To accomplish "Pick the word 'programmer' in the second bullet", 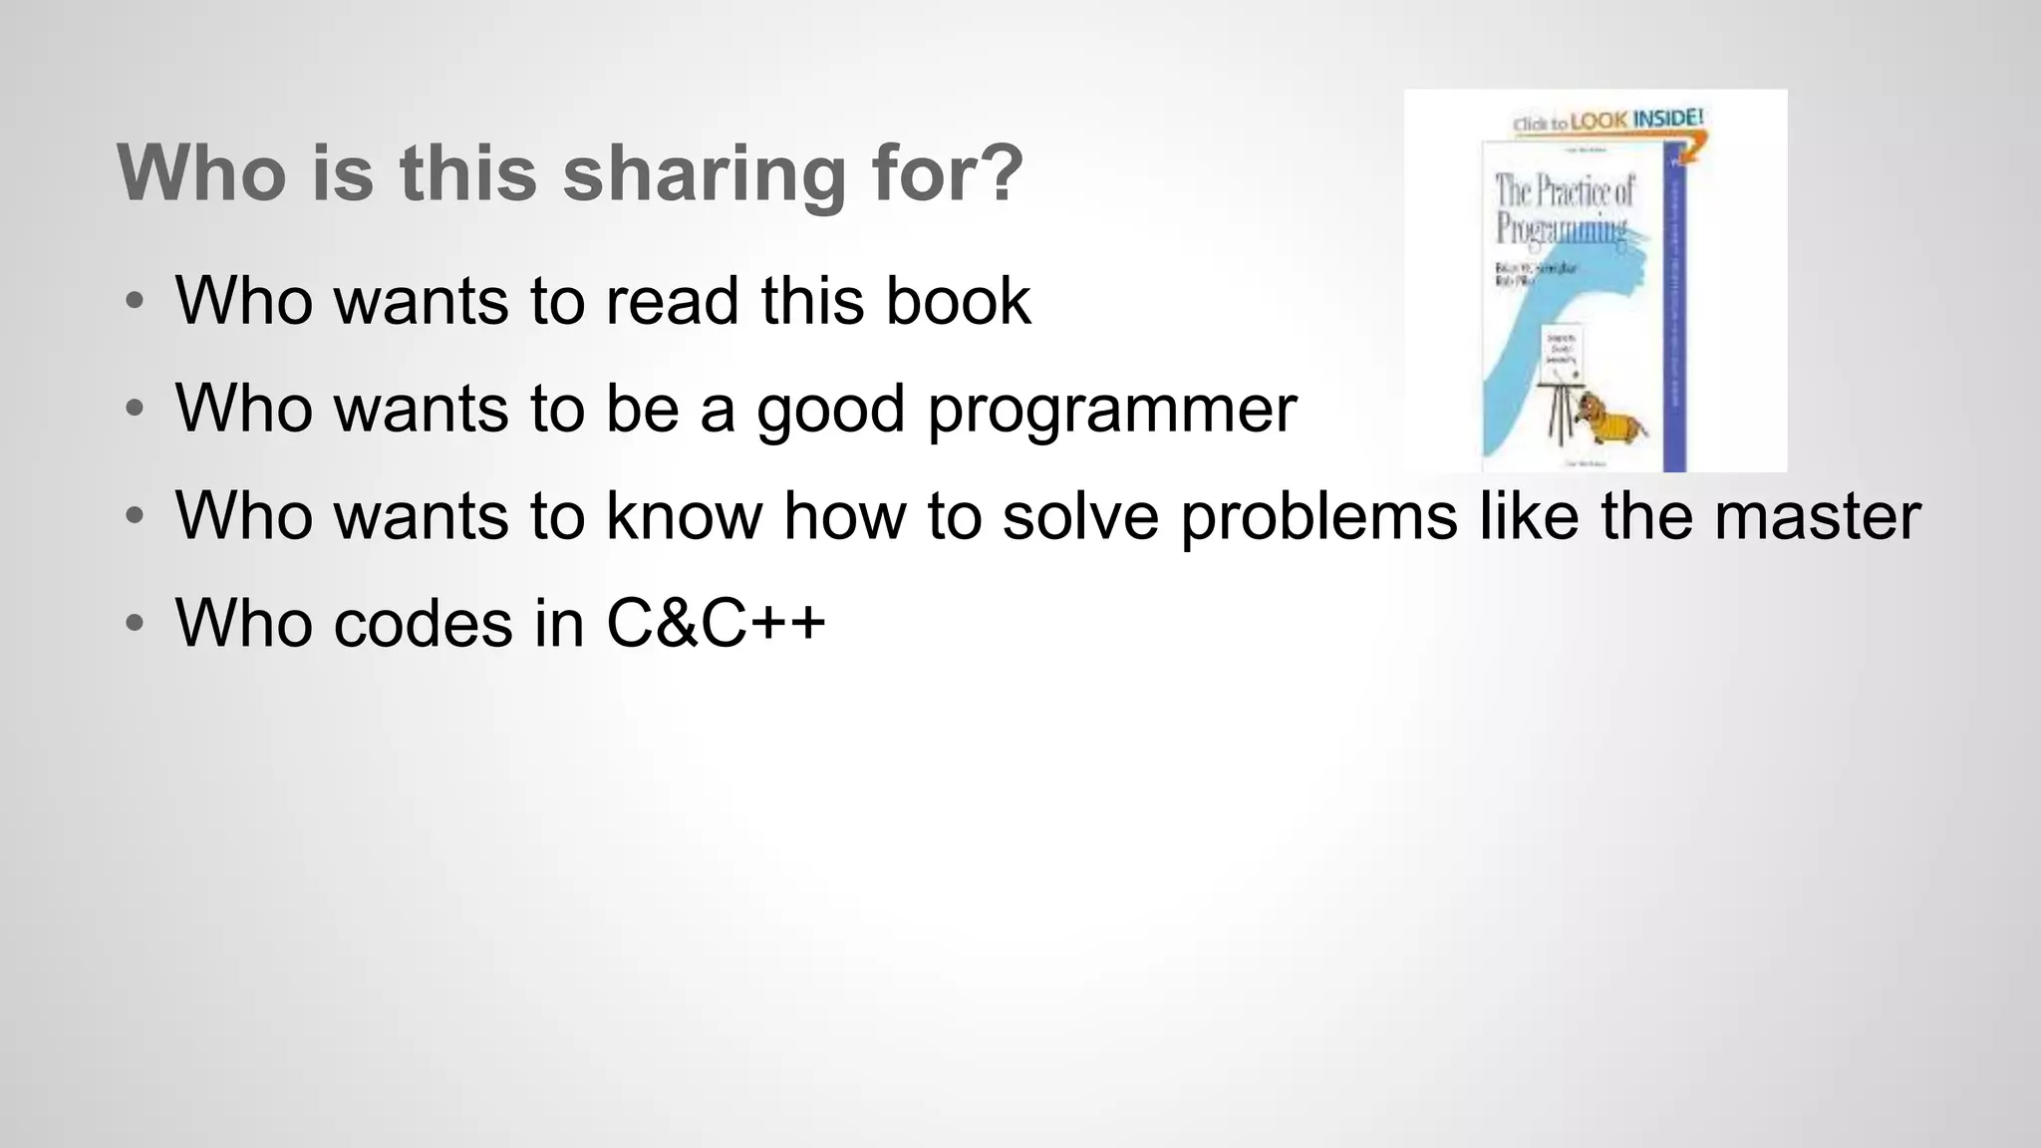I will [1111, 409].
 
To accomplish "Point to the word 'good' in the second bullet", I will [830, 409].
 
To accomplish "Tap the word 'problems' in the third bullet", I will [1318, 516].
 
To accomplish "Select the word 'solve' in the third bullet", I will [1080, 516].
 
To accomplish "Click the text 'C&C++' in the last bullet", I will [716, 623].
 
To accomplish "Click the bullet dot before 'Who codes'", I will [135, 624].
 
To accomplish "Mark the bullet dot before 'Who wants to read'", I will [135, 301].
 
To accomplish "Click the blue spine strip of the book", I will [1674, 309].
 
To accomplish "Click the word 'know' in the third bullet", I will [684, 516].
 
